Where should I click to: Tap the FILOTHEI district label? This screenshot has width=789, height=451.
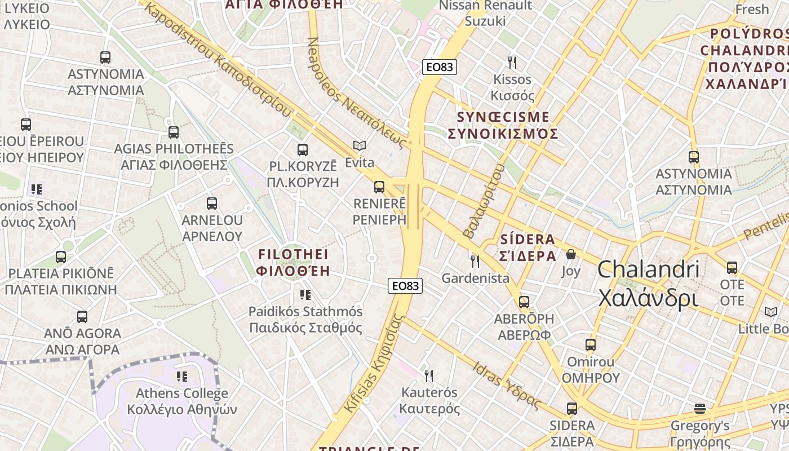point(293,263)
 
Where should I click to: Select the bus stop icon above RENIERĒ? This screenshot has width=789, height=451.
point(379,187)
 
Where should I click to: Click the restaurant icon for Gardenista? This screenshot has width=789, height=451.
point(475,261)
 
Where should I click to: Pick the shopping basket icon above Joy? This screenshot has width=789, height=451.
point(571,254)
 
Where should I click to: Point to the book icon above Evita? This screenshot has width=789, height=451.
point(360,145)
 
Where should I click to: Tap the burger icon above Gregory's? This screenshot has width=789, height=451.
point(700,408)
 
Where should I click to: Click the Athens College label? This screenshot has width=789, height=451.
point(182,401)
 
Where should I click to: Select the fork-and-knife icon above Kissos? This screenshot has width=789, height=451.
point(512,62)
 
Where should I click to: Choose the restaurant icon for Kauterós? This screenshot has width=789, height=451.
point(429,375)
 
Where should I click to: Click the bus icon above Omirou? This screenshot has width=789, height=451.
point(590,344)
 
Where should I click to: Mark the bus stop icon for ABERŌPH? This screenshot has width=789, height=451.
point(524,302)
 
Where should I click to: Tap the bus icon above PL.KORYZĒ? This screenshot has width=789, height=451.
point(303,149)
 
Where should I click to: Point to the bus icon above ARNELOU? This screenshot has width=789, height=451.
point(212,204)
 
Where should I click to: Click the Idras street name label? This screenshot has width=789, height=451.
point(507,386)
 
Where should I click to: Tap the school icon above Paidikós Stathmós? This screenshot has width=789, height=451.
point(305,294)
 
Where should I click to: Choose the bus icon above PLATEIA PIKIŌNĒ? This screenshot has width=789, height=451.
point(61,257)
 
